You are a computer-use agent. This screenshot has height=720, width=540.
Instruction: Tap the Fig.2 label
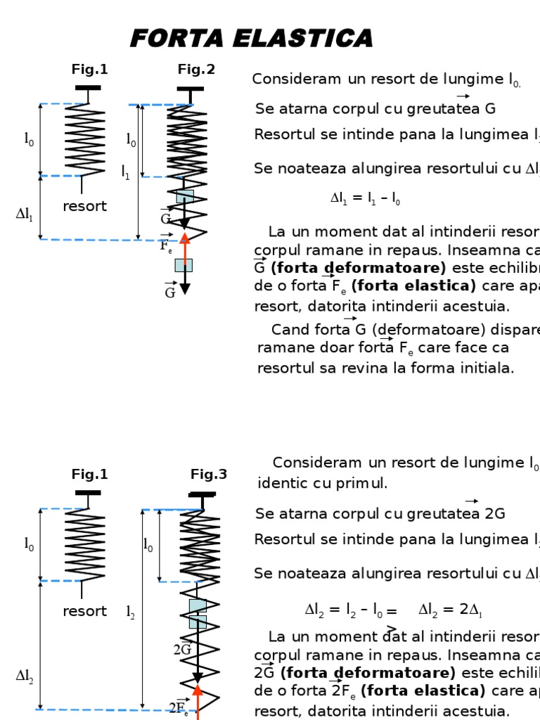[x=196, y=70]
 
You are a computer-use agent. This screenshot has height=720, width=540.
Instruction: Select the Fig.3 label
[x=209, y=475]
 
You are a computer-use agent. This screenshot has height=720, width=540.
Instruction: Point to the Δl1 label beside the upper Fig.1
[x=25, y=215]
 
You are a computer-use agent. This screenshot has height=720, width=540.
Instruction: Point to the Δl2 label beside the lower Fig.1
[x=25, y=676]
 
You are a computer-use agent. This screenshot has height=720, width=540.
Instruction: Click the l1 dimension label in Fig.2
[x=126, y=171]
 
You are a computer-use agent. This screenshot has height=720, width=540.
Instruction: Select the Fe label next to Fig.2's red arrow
[x=166, y=246]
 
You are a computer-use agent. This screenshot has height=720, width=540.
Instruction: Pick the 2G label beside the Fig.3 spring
[x=182, y=650]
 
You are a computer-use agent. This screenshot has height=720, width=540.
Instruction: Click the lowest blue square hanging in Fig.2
[x=184, y=265]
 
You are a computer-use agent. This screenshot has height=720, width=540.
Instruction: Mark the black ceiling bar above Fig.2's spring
[x=190, y=89]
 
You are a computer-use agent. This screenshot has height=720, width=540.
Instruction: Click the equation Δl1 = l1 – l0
[x=365, y=199]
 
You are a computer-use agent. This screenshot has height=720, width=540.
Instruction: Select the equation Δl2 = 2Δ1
[x=450, y=610]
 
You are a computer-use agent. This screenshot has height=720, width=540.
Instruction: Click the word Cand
[x=290, y=330]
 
